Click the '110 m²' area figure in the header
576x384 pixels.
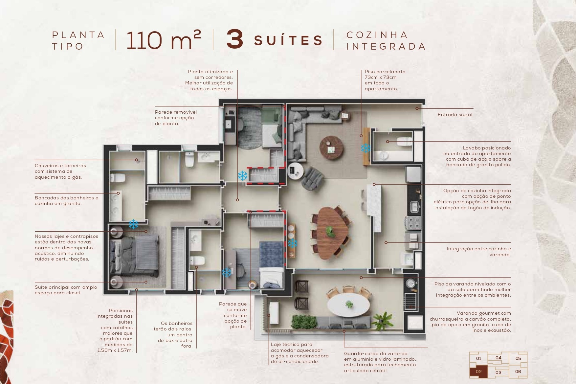(163, 40)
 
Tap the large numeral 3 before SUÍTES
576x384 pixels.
(235, 40)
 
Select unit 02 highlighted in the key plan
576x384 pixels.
(478, 372)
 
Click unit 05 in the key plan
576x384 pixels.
(518, 358)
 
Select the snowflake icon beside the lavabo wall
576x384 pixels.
(366, 148)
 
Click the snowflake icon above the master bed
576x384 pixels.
(133, 224)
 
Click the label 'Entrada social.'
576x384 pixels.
(455, 115)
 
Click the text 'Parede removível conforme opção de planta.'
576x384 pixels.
(176, 118)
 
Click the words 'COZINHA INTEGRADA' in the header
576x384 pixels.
(386, 40)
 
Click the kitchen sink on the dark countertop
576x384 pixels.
(414, 207)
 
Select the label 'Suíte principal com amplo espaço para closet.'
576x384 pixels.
(66, 290)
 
